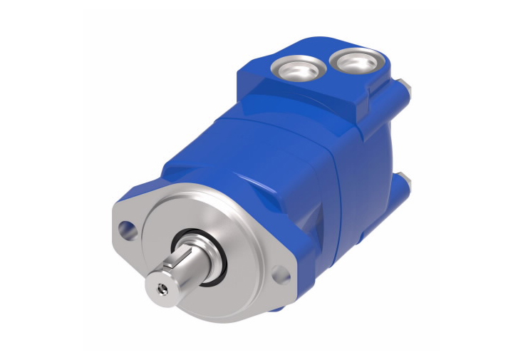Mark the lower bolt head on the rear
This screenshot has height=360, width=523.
click(x=405, y=184)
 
